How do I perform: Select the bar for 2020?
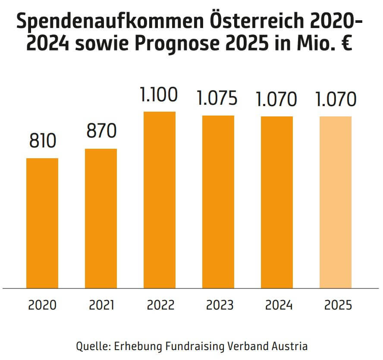coord(42,223)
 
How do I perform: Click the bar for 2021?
coord(101,218)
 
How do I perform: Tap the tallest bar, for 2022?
coord(160,200)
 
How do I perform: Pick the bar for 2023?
coord(218,202)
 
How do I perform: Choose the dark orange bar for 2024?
coord(277,202)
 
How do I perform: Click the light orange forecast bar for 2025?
coord(336,202)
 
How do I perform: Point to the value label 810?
coord(43,141)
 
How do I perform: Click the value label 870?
coord(101,131)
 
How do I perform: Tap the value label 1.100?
coord(159,94)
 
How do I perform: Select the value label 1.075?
coord(218,99)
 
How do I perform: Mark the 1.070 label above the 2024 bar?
coord(276,100)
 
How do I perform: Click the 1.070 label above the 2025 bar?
coord(335,100)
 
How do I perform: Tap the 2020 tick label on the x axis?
coord(42,305)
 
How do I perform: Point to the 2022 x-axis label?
coord(160,305)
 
